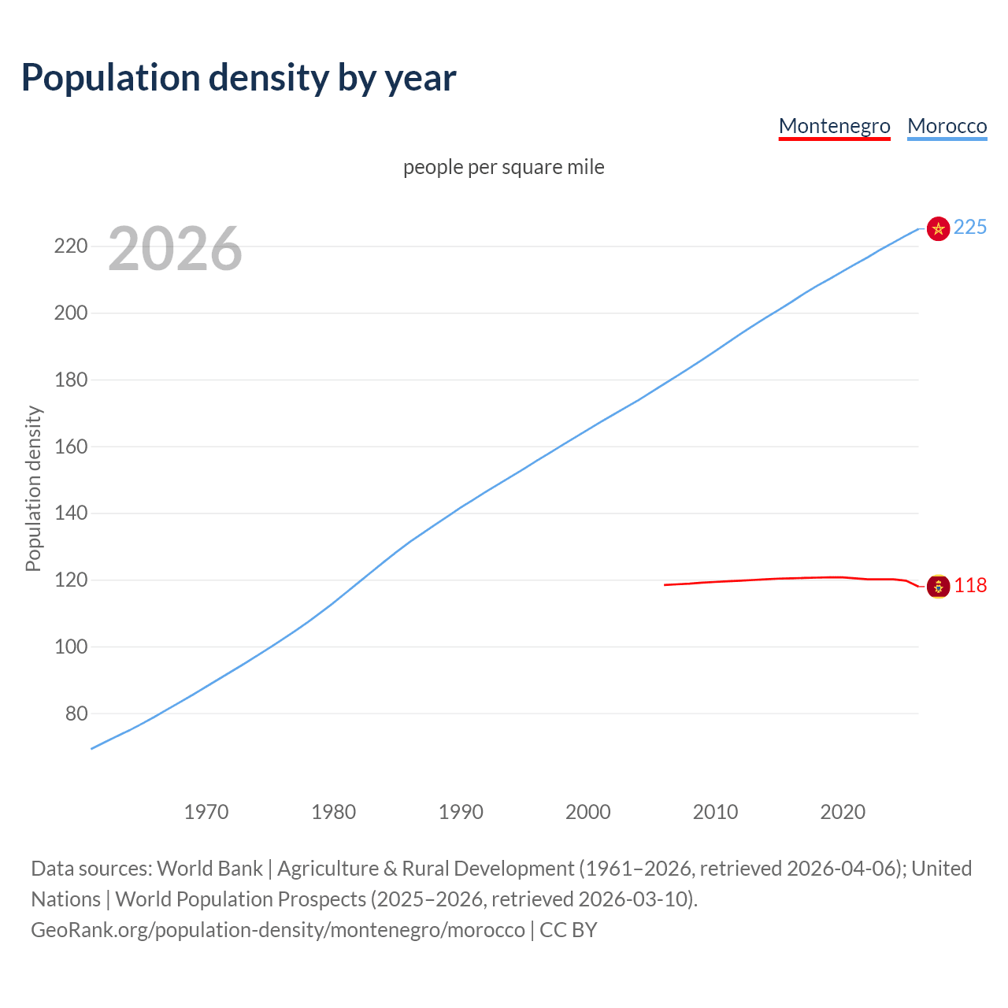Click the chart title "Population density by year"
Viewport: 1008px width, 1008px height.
239,78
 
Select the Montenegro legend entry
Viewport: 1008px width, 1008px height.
834,126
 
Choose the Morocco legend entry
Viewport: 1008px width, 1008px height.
947,126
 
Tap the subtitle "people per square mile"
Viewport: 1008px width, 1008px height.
503,167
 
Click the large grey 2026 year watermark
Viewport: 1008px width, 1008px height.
175,249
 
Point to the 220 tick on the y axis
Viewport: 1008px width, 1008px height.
71,246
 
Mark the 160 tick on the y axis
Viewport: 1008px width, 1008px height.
71,447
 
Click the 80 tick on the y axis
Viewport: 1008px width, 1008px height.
76,713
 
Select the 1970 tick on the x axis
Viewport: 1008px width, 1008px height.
206,812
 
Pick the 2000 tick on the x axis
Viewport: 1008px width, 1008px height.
587,812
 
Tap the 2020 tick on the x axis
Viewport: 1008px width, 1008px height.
843,812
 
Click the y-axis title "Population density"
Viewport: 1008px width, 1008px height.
33,488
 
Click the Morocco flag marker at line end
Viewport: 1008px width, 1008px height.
938,228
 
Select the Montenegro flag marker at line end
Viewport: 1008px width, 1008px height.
938,586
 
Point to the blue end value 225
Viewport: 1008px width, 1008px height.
970,228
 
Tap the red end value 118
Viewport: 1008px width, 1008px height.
970,586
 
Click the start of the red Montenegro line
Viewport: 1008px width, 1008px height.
665,585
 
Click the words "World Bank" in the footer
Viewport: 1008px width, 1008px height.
209,869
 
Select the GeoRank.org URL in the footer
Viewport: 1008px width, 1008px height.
277,930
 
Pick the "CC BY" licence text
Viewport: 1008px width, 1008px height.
568,930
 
